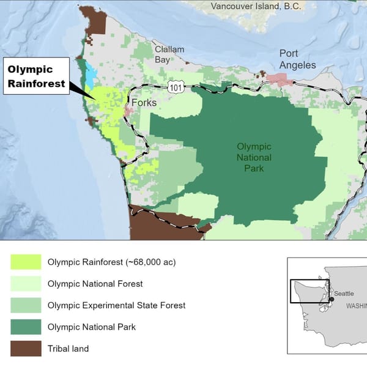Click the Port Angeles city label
click(297, 59)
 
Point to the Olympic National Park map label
click(254, 157)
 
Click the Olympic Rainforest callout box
click(37, 76)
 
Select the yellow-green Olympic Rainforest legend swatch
click(26, 262)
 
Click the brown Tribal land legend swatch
click(26, 349)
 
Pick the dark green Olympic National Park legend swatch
click(26, 327)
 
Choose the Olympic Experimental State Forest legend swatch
click(26, 305)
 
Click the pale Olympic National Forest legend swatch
click(26, 284)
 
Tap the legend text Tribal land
click(68, 349)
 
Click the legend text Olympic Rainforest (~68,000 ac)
click(111, 262)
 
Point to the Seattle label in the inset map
click(343, 294)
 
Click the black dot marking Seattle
click(332, 299)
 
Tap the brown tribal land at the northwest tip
click(96, 21)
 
